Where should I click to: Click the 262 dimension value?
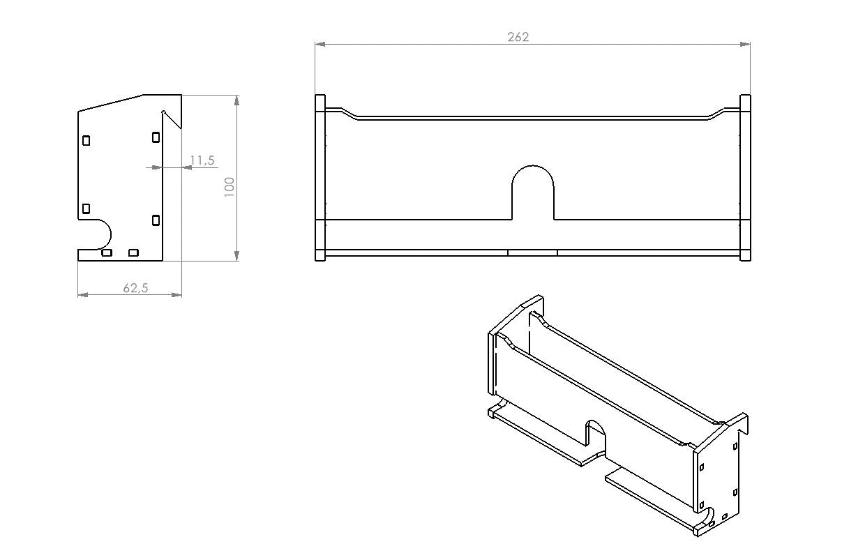coord(518,37)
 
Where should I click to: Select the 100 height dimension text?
coord(229,187)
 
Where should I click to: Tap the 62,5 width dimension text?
coord(135,288)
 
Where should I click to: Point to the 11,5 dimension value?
coord(202,160)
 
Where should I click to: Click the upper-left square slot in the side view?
coord(86,140)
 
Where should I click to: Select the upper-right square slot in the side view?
coord(156,137)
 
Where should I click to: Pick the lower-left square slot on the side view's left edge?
coord(86,209)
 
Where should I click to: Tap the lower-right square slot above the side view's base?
coord(156,220)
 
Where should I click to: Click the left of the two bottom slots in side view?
coord(107,252)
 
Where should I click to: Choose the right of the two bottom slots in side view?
coord(133,252)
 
